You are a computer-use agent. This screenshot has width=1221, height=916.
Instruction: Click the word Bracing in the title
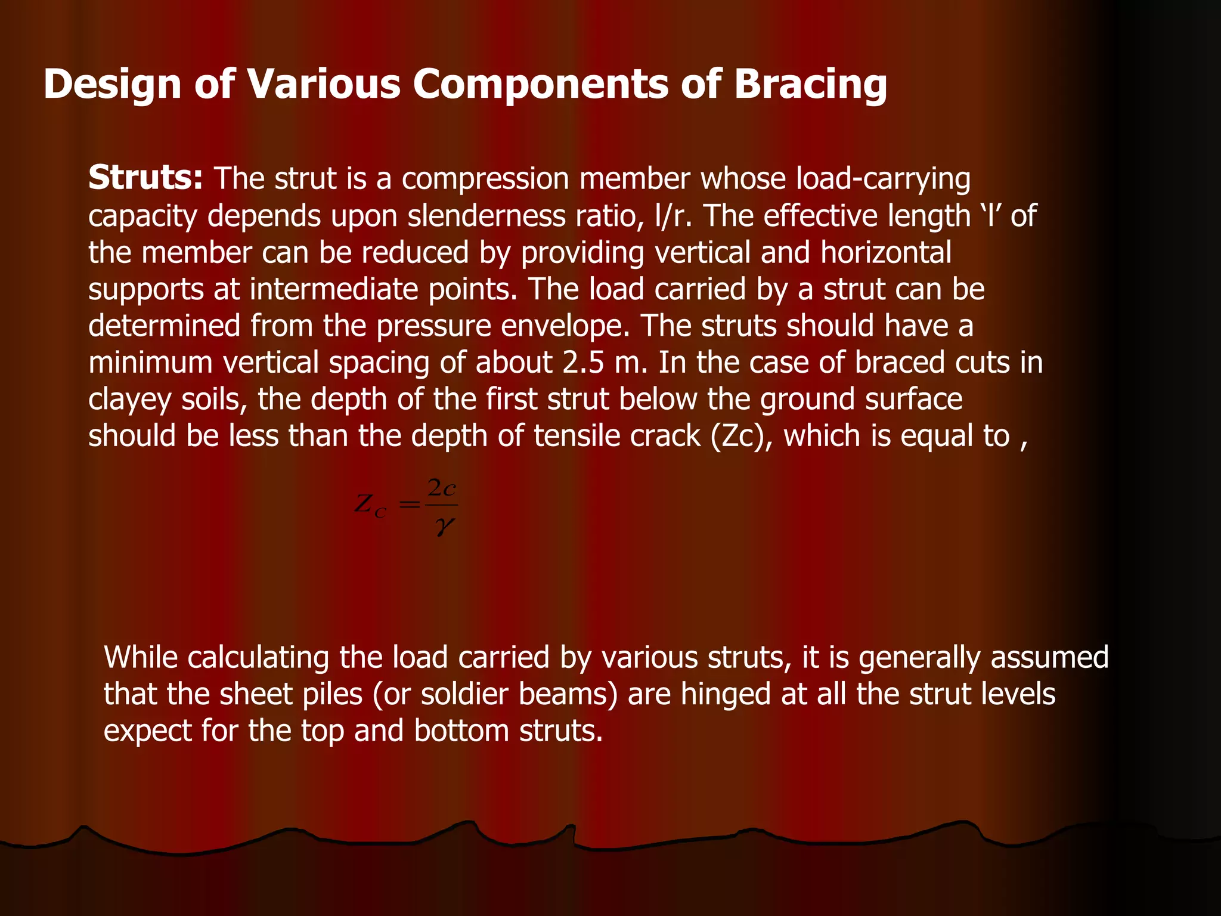(x=810, y=85)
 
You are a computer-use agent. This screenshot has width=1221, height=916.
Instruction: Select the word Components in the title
(x=541, y=83)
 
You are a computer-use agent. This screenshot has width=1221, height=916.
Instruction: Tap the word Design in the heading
(x=112, y=83)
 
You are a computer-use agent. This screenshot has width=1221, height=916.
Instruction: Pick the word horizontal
(x=886, y=252)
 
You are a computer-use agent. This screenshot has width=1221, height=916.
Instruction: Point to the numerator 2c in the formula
(x=442, y=489)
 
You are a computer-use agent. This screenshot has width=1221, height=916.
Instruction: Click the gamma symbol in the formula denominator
(x=444, y=527)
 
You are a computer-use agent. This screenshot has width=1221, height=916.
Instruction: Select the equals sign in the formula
(x=409, y=505)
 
